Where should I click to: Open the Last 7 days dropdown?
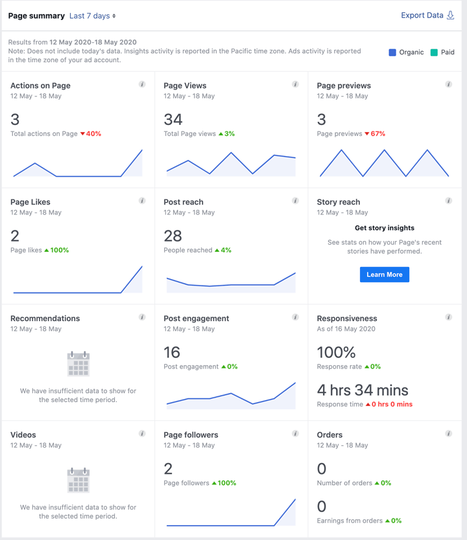[92, 16]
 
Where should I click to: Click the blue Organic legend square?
[392, 52]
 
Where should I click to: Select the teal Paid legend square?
[434, 52]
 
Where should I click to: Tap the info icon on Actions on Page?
[142, 84]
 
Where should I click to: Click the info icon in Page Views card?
[295, 84]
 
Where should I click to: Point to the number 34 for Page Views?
[173, 119]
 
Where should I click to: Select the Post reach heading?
[184, 202]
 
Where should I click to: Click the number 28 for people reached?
[173, 236]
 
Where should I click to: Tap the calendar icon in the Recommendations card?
[78, 364]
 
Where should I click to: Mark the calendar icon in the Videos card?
[78, 480]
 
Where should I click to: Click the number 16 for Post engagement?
[172, 352]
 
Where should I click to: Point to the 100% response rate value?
[336, 352]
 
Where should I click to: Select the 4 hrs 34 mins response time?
[363, 390]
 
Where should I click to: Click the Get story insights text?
[385, 228]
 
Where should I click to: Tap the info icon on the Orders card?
[448, 434]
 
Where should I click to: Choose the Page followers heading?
[191, 435]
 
